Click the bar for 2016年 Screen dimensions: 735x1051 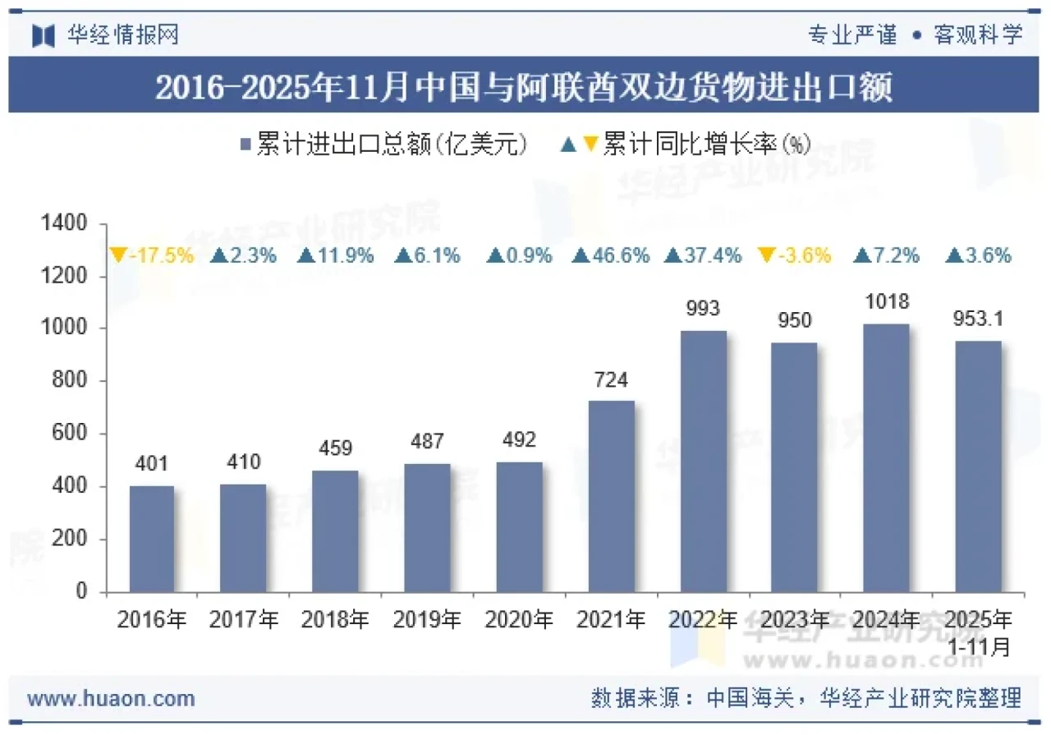pyautogui.click(x=152, y=539)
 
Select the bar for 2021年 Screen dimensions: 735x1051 pyautogui.click(x=612, y=496)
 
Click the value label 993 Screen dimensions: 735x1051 pyautogui.click(x=703, y=309)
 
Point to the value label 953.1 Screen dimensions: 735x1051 pyautogui.click(x=978, y=319)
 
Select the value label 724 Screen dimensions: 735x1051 pyautogui.click(x=612, y=380)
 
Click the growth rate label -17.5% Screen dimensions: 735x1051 pyautogui.click(x=153, y=255)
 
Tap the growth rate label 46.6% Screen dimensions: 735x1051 pyautogui.click(x=612, y=255)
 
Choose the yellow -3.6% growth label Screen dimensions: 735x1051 pyautogui.click(x=795, y=255)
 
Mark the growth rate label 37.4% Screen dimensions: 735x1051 pyautogui.click(x=703, y=255)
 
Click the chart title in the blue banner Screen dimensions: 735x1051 pyautogui.click(x=525, y=87)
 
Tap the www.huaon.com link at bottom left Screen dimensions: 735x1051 pyautogui.click(x=111, y=699)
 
